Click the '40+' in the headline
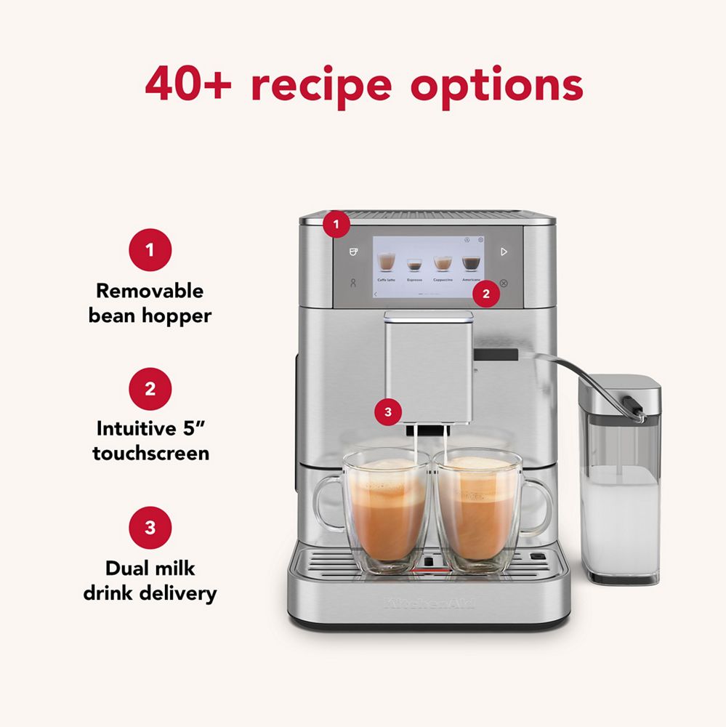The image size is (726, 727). coord(188,85)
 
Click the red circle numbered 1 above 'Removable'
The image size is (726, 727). coord(150,250)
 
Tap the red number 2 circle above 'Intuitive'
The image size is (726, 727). coord(150,388)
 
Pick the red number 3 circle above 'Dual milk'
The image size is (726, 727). coord(150,527)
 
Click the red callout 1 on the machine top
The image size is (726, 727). coord(336,225)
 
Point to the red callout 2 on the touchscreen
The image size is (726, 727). coord(486,294)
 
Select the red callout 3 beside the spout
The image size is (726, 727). coord(387,412)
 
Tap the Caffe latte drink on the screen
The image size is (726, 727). coord(386,265)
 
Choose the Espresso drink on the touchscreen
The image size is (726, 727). coord(414,268)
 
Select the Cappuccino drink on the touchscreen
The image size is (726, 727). coord(443,266)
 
